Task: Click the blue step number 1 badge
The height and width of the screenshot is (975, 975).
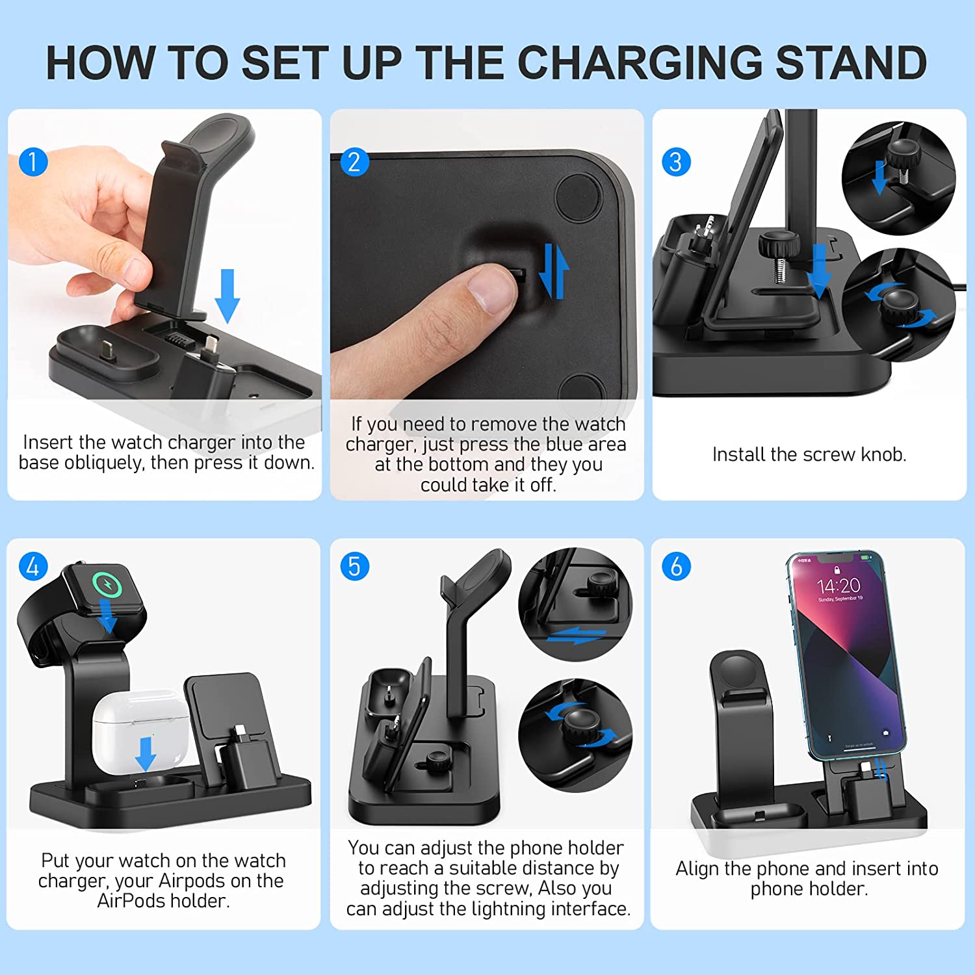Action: pos(33,162)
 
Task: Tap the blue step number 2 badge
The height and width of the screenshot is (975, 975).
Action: pos(355,162)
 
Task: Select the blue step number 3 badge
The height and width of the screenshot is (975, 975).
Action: pos(676,162)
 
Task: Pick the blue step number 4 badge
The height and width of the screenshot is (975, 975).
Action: pos(33,566)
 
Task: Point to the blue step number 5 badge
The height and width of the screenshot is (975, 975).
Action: pos(355,566)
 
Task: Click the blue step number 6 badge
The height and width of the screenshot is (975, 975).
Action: pos(676,566)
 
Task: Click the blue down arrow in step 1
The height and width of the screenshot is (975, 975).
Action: pos(227,296)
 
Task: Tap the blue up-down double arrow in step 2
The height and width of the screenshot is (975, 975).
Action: pos(554,271)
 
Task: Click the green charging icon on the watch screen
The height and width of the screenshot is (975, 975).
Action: pos(107,584)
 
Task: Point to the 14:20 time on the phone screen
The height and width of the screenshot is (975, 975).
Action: pos(838,586)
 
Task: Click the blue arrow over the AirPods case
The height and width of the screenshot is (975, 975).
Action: pos(145,753)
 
